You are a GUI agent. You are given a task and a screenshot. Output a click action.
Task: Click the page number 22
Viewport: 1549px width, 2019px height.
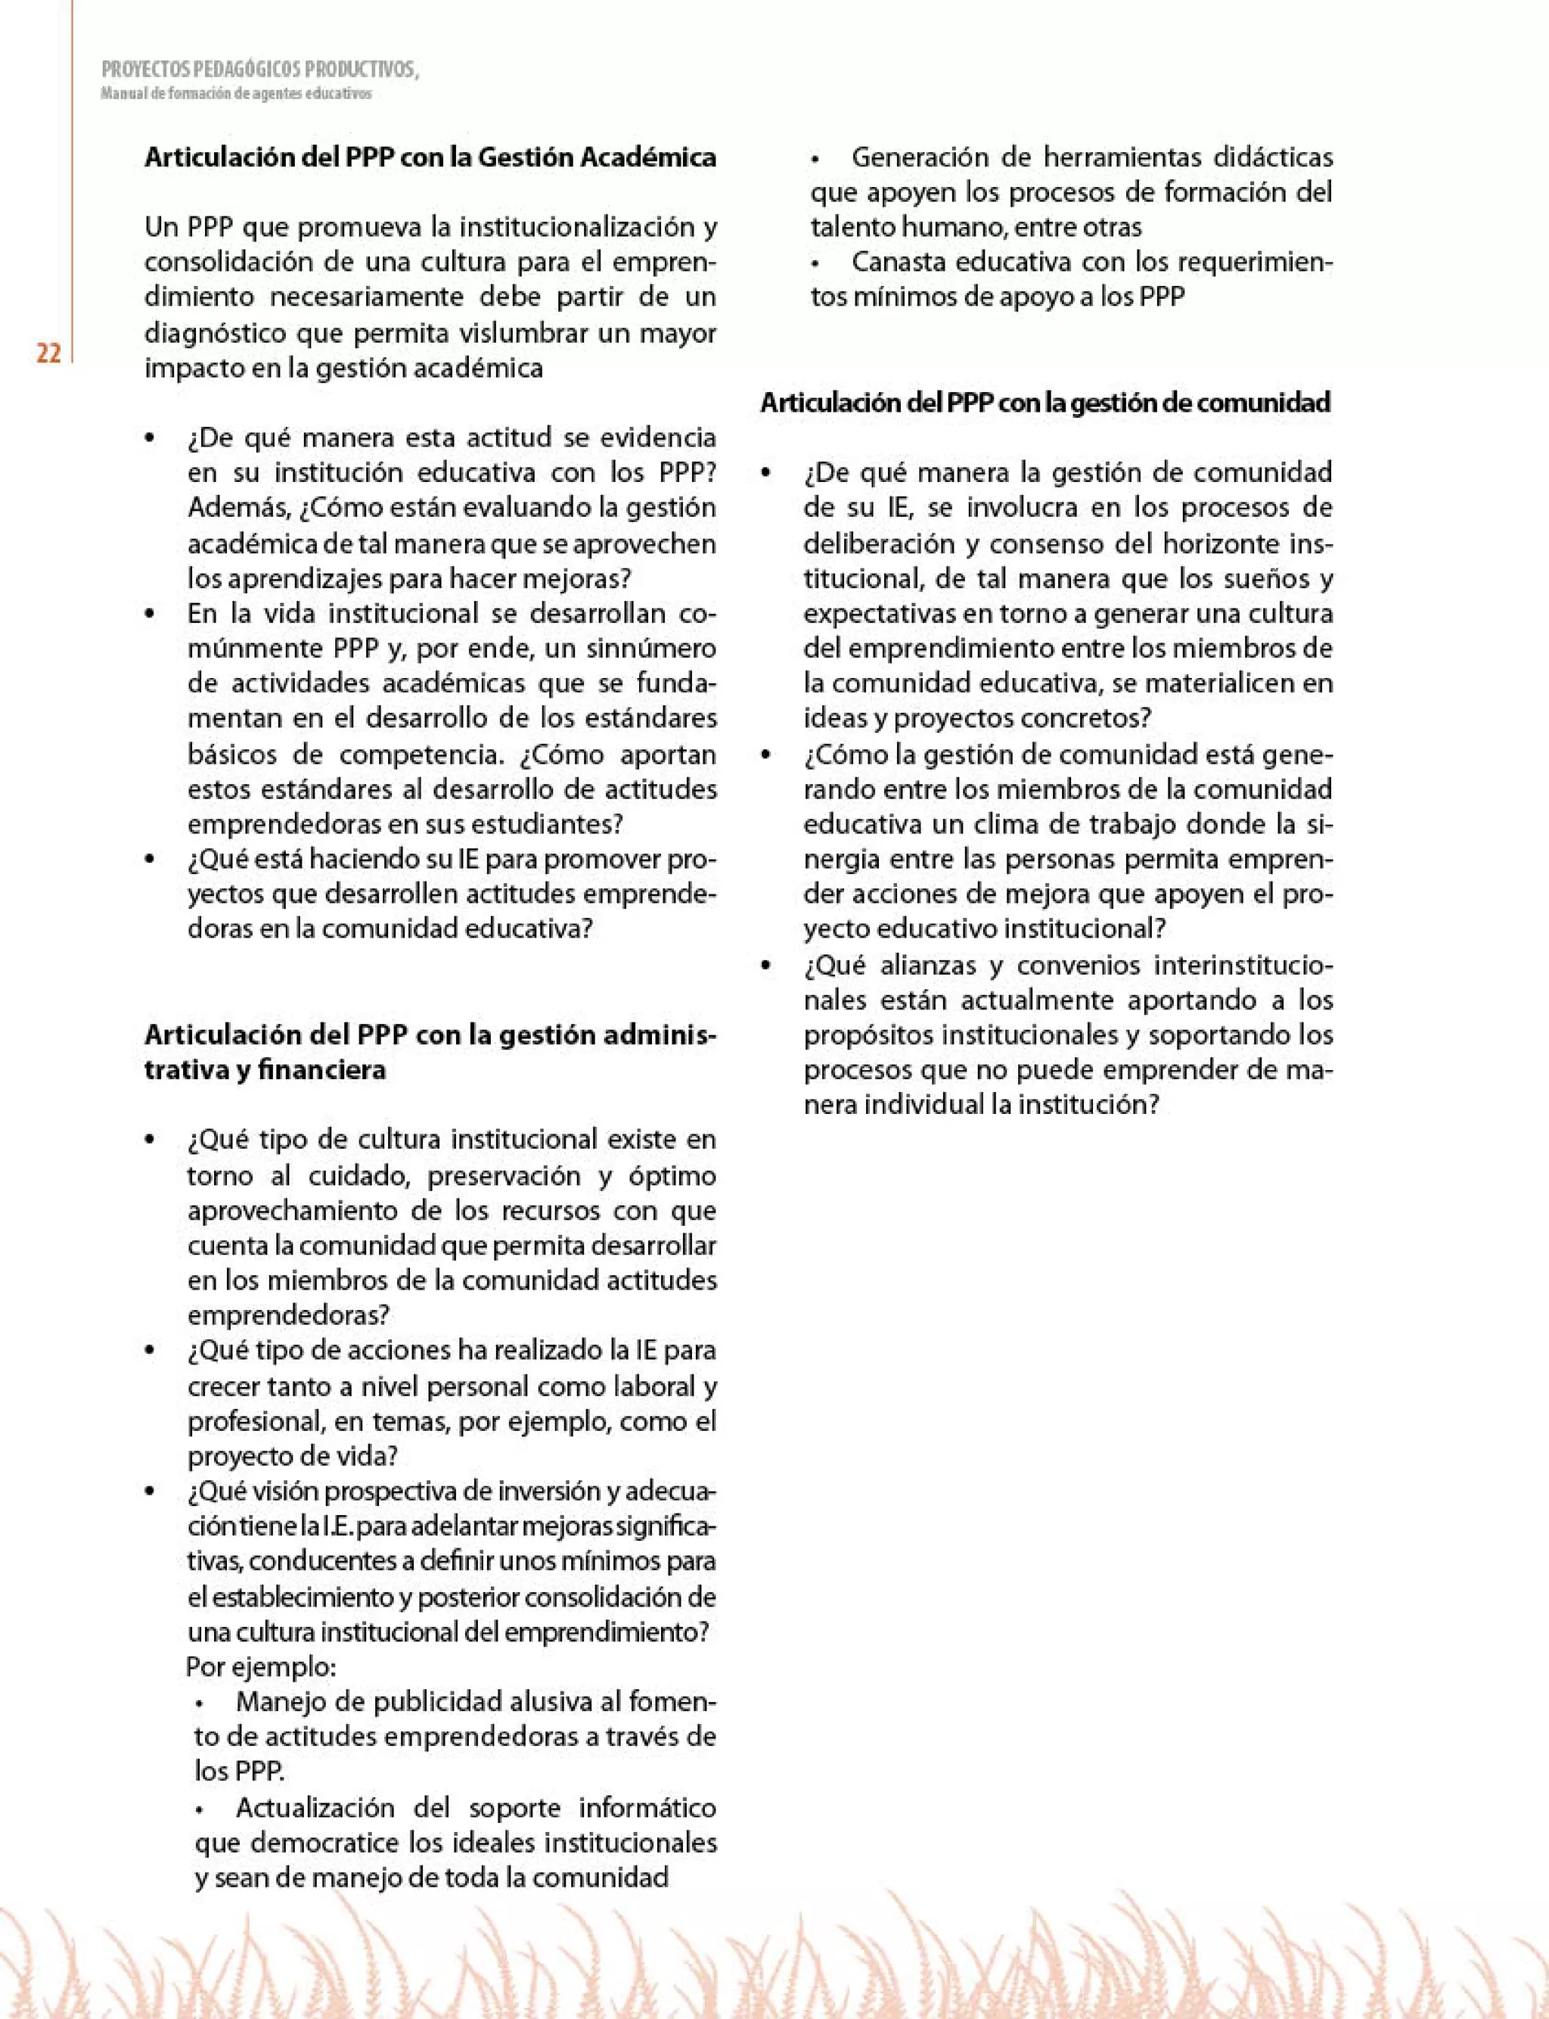pos(48,353)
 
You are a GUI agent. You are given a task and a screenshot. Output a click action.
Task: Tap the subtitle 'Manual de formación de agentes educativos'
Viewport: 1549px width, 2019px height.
pos(236,94)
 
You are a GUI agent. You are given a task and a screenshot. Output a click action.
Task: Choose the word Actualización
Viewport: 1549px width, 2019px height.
pos(315,1808)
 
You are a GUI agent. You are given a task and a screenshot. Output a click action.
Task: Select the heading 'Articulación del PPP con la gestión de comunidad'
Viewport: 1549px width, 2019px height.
pos(1045,403)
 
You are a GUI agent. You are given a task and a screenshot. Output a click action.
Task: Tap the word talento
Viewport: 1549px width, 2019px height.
pos(847,227)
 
